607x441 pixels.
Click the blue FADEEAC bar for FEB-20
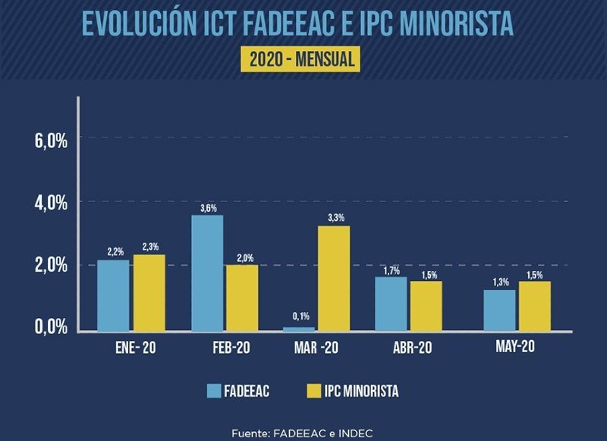207,273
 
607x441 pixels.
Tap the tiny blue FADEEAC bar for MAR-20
299,329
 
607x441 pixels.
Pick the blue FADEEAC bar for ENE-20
112,295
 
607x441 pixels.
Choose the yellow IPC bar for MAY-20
534,306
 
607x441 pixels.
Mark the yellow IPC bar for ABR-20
426,306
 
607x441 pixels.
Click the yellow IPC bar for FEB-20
242,298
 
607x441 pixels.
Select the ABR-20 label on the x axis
408,348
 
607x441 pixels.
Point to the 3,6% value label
207,206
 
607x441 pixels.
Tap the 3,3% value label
335,218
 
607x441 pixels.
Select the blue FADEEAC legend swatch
214,391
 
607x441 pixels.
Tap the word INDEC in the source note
354,433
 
